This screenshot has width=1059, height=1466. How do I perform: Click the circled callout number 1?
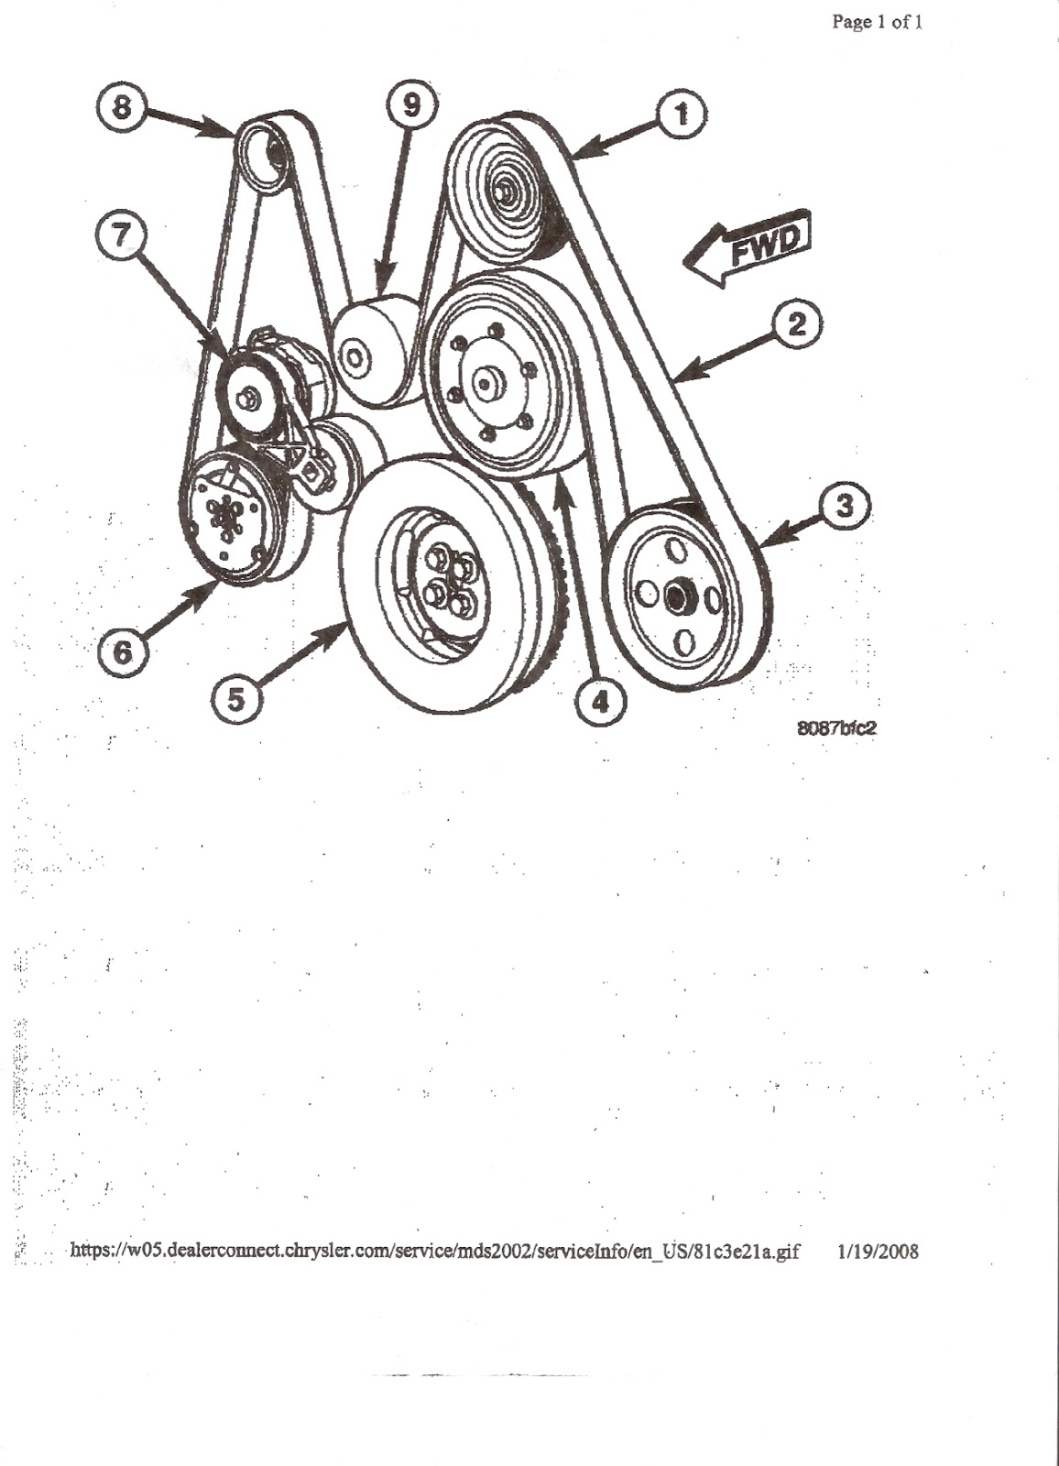pos(682,115)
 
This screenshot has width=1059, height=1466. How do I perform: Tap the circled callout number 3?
pos(845,506)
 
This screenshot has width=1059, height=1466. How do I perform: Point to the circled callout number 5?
pos(236,700)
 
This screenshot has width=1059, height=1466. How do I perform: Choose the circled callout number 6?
pos(123,651)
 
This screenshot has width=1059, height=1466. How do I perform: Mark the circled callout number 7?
pos(120,236)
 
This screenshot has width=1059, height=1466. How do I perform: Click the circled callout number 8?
pos(121,106)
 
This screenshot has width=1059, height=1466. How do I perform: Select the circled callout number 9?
pos(411,106)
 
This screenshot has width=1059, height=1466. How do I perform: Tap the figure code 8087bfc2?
pos(836,728)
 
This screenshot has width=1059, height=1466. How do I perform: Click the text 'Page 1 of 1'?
pos(877,22)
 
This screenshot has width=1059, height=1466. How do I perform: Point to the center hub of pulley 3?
pos(675,596)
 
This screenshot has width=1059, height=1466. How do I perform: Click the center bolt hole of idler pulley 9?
pos(355,358)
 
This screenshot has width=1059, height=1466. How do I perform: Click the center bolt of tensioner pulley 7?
pos(247,399)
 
